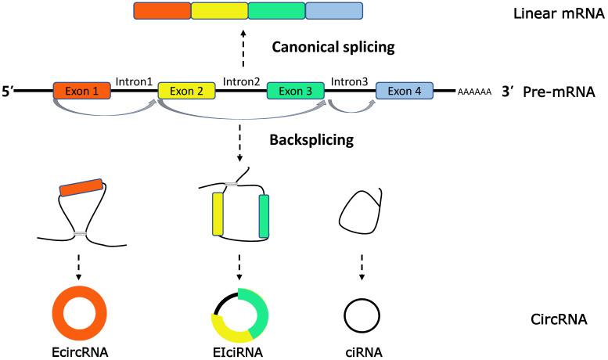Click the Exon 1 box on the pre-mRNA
coord(81,92)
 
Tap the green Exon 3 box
coord(295,92)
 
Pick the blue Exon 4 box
coord(405,92)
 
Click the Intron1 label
coord(134,81)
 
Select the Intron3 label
coord(350,81)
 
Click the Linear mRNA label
coord(552,14)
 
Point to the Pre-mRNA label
coord(562,92)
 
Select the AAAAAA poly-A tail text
coord(474,92)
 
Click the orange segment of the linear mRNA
coord(162,11)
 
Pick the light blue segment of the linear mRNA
coord(333,11)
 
